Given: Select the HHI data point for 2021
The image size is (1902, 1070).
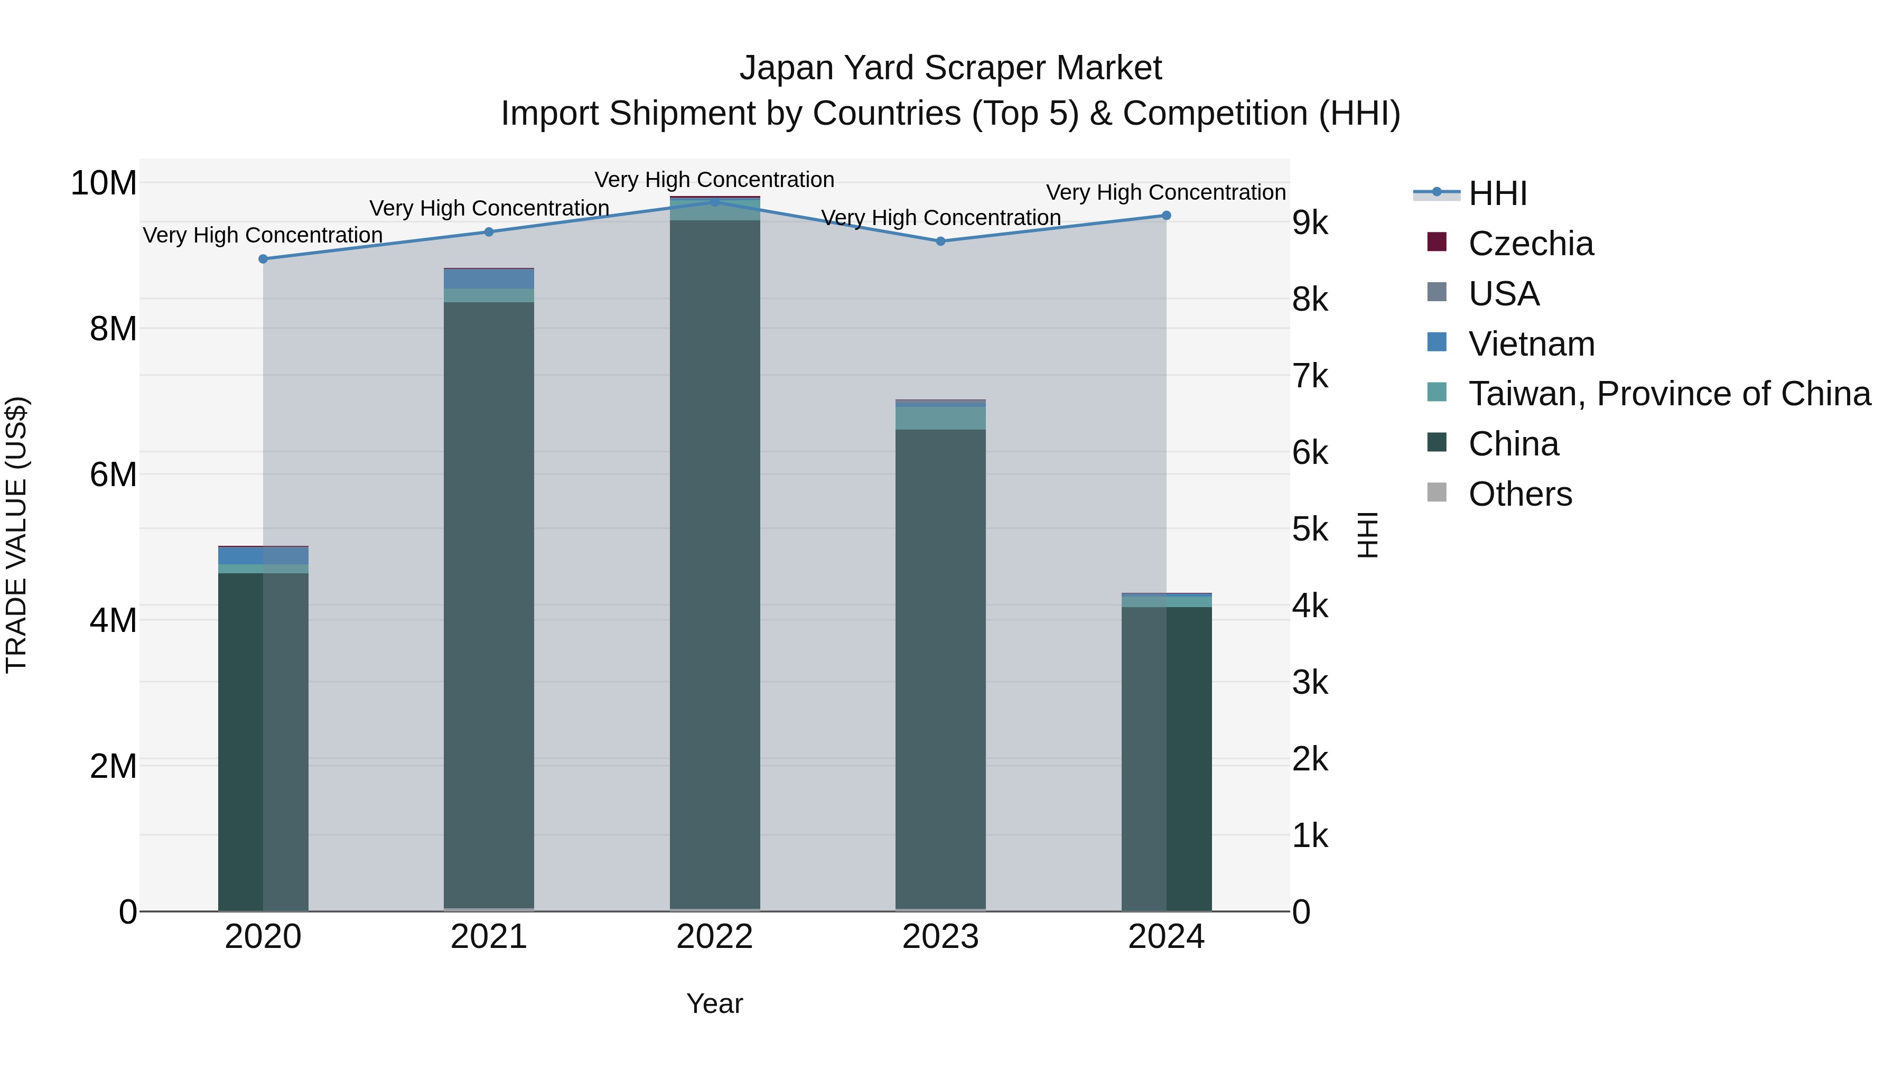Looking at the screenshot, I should tap(489, 232).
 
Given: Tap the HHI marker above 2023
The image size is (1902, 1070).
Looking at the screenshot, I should tap(940, 241).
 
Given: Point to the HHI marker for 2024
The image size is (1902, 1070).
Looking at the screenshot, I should tap(1166, 216).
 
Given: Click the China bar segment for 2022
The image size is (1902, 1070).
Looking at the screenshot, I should tap(715, 561).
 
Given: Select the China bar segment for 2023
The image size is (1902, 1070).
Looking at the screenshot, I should tap(940, 665).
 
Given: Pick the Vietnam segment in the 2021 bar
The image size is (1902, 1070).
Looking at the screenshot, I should tap(489, 278).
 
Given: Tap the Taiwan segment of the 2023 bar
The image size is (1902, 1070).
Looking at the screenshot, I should tap(940, 418).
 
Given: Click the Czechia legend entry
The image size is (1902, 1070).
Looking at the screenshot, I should tap(1530, 244).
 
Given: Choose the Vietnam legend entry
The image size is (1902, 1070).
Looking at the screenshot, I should tap(1531, 344).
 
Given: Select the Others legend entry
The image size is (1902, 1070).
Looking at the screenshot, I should tap(1519, 494).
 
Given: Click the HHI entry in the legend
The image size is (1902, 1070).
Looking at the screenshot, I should tap(1497, 193).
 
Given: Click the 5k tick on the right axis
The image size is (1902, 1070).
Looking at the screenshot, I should tap(1310, 529).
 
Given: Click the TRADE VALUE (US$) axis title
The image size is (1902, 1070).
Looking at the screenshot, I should tap(16, 535).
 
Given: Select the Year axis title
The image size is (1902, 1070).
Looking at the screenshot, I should tap(715, 1003).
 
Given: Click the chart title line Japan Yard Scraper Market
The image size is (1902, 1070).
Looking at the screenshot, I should tap(950, 68).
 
